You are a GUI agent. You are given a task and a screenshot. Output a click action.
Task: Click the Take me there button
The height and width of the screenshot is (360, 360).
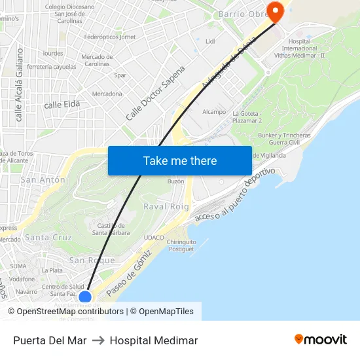pyautogui.click(x=180, y=160)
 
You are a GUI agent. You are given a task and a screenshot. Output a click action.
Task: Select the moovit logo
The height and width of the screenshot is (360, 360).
pyautogui.click(x=320, y=340)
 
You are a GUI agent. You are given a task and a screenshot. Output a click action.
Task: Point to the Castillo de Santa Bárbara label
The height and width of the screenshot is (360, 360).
pyautogui.click(x=109, y=228)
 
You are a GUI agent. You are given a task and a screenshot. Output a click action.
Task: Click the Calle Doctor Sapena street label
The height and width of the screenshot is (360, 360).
pyautogui.click(x=156, y=92)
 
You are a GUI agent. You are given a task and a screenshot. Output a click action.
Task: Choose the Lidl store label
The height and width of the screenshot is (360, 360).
pyautogui.click(x=210, y=41)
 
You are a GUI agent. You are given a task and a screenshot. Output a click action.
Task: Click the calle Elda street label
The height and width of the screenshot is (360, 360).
pyautogui.click(x=62, y=105)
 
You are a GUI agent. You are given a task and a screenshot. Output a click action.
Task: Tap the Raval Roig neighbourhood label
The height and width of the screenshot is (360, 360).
pyautogui.click(x=166, y=207)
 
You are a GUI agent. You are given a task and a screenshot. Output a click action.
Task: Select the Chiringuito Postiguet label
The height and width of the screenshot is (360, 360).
pyautogui.click(x=181, y=245)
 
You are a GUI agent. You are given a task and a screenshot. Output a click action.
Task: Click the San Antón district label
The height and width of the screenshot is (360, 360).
pyautogui.click(x=43, y=179)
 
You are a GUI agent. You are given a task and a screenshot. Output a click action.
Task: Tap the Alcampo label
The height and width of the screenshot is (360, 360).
pyautogui.click(x=214, y=112)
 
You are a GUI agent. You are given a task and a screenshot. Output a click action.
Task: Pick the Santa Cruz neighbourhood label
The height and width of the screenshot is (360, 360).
pyautogui.click(x=48, y=237)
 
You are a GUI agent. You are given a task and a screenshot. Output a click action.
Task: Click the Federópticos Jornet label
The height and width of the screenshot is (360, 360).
pyautogui.click(x=110, y=37)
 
